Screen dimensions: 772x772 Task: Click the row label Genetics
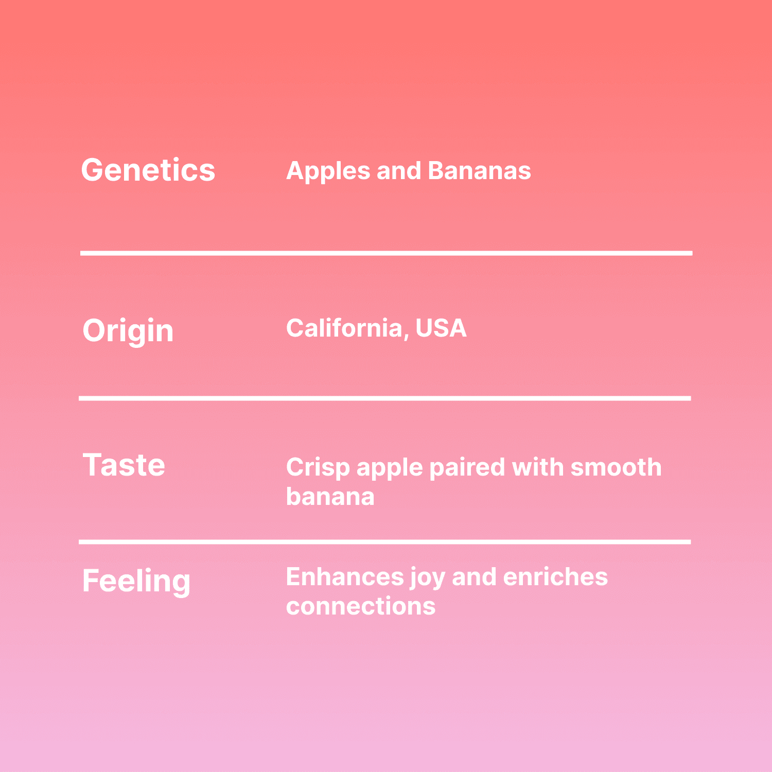pos(148,170)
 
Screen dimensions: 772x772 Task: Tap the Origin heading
pos(128,330)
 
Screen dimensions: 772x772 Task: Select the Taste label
pos(124,465)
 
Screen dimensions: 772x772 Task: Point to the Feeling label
pos(136,581)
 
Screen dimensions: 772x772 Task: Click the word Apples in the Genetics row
pos(328,171)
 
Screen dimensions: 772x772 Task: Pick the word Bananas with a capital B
pos(479,170)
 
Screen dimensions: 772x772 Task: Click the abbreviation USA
pos(441,328)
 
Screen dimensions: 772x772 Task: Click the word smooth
pos(616,467)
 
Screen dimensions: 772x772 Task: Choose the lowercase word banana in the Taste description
pos(330,496)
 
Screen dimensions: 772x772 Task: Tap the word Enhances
pos(345,576)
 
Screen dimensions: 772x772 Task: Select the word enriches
pos(555,576)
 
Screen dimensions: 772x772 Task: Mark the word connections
pos(361,606)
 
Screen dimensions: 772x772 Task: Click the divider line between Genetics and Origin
pos(387,253)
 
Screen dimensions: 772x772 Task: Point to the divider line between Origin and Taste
pos(385,398)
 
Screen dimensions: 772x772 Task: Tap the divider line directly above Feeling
pos(385,542)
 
